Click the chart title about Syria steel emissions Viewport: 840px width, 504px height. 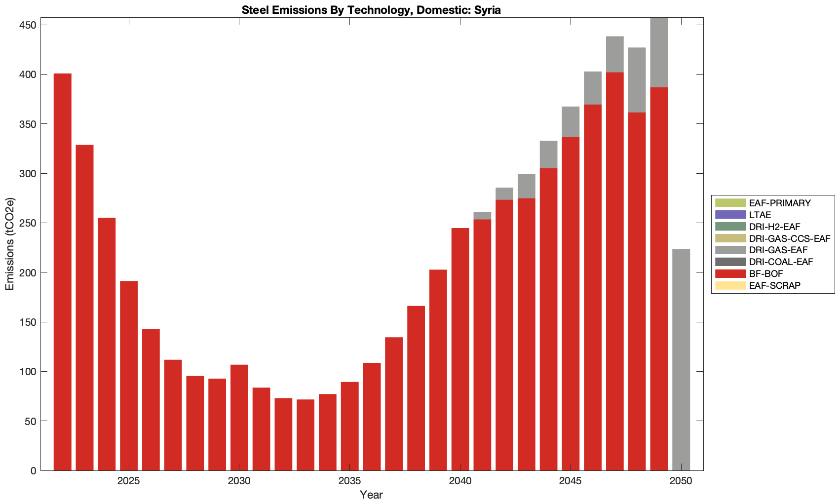click(x=371, y=10)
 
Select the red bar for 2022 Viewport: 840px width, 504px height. click(x=63, y=271)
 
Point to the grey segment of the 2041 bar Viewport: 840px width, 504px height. click(x=482, y=216)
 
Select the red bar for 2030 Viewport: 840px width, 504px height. click(x=239, y=417)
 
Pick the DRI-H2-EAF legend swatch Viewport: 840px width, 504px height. click(x=730, y=227)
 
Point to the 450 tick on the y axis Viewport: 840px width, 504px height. click(x=27, y=25)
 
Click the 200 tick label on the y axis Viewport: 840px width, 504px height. click(x=27, y=272)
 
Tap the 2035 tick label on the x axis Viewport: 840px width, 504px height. click(x=349, y=481)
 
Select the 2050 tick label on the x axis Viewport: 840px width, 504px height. click(x=681, y=481)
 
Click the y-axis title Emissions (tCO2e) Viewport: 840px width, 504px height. click(x=10, y=244)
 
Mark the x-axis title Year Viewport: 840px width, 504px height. click(x=371, y=495)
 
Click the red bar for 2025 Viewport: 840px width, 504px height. click(x=129, y=375)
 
